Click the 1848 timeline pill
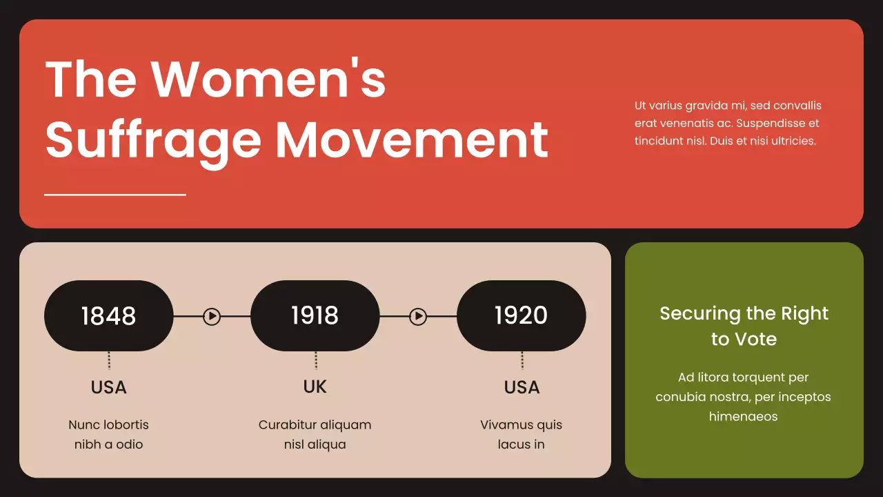108,315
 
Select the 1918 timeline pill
315,315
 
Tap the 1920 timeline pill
521,315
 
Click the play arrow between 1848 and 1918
212,316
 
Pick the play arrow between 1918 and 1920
418,316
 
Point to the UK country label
315,387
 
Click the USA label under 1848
109,387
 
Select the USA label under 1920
522,387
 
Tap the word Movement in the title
411,140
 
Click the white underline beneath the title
115,195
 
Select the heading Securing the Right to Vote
744,326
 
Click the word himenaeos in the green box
744,416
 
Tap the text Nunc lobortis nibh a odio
108,434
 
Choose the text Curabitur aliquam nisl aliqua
315,434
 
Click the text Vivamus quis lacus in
521,434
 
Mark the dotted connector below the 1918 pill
316,360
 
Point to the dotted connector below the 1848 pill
109,360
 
